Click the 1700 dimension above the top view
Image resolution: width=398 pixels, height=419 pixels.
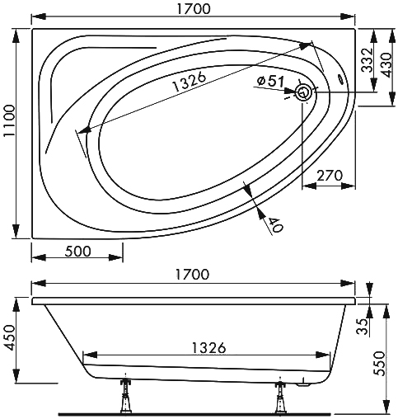(x=194, y=8)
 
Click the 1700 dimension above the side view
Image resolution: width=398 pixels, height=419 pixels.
(x=192, y=274)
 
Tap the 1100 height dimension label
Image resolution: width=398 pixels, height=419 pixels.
(x=10, y=120)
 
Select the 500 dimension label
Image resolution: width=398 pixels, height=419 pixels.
(x=77, y=252)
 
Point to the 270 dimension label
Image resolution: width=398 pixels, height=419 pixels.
(x=330, y=176)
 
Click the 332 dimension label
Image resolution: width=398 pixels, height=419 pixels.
(x=368, y=60)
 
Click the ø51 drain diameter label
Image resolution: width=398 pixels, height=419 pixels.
(x=270, y=82)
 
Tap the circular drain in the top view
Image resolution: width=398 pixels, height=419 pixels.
(x=303, y=92)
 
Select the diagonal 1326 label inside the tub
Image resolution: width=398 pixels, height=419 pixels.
(x=190, y=82)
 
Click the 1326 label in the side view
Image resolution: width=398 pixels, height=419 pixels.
(x=208, y=348)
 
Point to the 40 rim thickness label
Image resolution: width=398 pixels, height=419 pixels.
(x=276, y=224)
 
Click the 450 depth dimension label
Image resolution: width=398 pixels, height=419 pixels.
(x=10, y=338)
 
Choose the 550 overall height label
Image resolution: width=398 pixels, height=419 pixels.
(x=380, y=363)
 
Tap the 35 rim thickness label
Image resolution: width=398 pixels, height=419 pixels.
(x=363, y=327)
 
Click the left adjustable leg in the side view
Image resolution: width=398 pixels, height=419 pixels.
(x=125, y=395)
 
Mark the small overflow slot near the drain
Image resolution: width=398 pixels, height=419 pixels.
(x=341, y=79)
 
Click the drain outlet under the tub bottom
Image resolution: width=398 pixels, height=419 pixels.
(x=303, y=384)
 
